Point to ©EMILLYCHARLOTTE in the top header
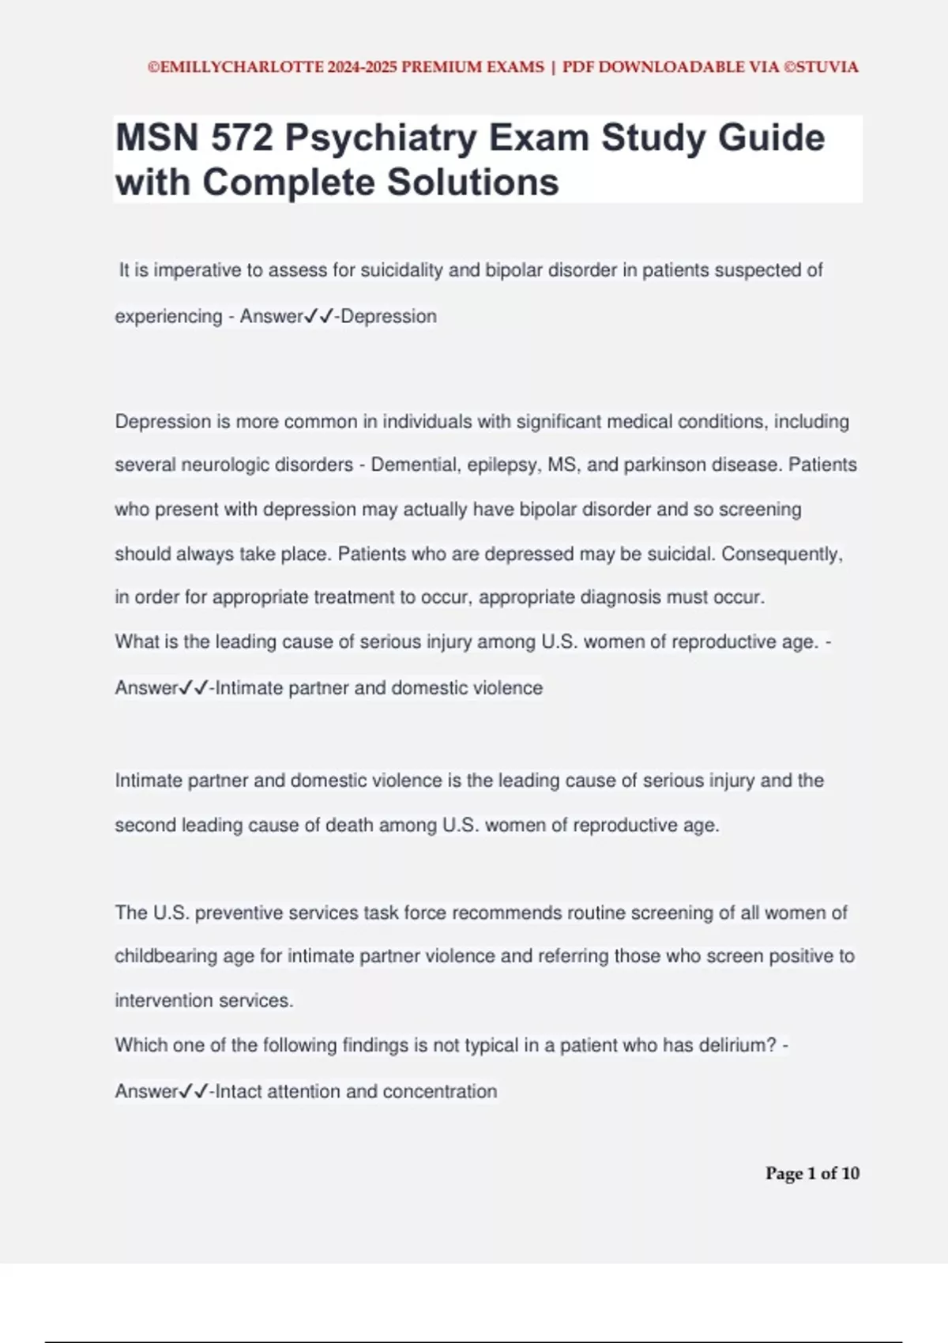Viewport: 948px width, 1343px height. (x=235, y=67)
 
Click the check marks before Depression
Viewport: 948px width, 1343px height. (x=319, y=317)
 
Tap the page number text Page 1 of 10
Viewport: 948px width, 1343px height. (x=812, y=1174)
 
